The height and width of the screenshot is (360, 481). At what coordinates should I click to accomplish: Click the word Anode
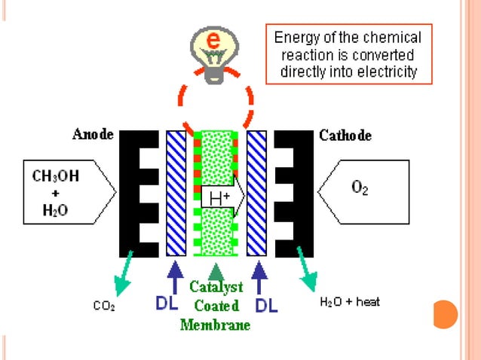pyautogui.click(x=93, y=135)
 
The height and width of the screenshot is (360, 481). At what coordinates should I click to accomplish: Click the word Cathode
pyautogui.click(x=345, y=136)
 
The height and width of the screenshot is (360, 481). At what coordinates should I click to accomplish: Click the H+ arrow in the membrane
pyautogui.click(x=221, y=199)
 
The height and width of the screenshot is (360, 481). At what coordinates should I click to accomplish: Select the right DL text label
pyautogui.click(x=268, y=305)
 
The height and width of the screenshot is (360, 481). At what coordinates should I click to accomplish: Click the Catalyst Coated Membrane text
pyautogui.click(x=215, y=306)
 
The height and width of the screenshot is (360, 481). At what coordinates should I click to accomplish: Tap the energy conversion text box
pyautogui.click(x=348, y=55)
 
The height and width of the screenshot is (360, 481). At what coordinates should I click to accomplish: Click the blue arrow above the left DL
pyautogui.click(x=175, y=275)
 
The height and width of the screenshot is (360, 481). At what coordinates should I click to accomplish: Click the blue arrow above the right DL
pyautogui.click(x=258, y=275)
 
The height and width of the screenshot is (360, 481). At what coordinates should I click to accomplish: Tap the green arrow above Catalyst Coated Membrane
pyautogui.click(x=216, y=270)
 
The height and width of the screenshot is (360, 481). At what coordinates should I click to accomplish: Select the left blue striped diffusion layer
pyautogui.click(x=176, y=193)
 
